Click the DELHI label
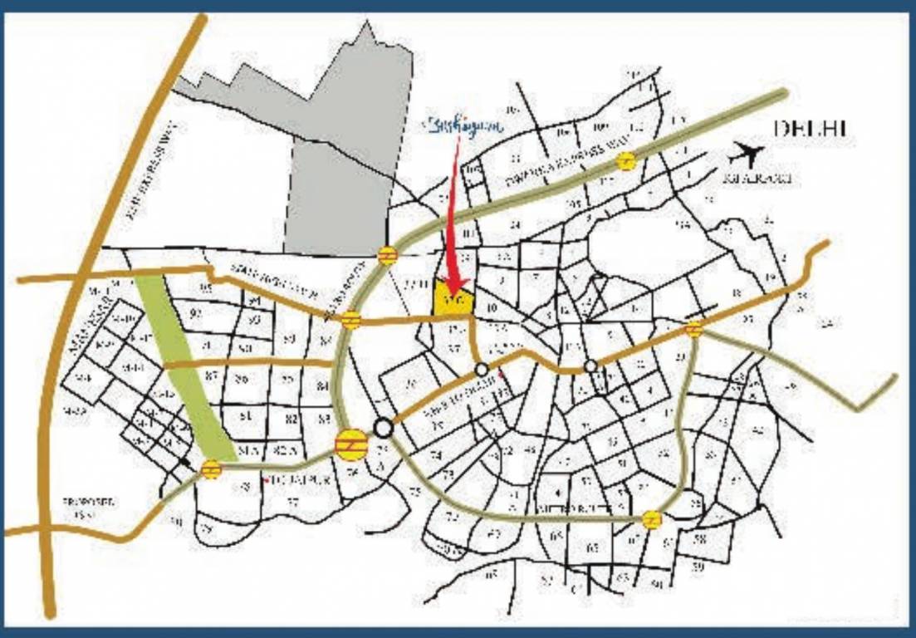coord(810,129)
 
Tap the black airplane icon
coord(746,155)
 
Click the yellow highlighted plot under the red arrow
coord(453,299)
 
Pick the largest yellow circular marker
coord(351,444)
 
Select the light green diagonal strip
coord(184,366)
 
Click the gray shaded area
coord(340,166)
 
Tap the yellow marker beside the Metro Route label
coord(653,520)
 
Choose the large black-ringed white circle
coord(383,428)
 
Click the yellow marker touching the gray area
coord(386,255)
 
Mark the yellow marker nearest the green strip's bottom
coord(211,469)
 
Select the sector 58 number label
coord(699,540)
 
